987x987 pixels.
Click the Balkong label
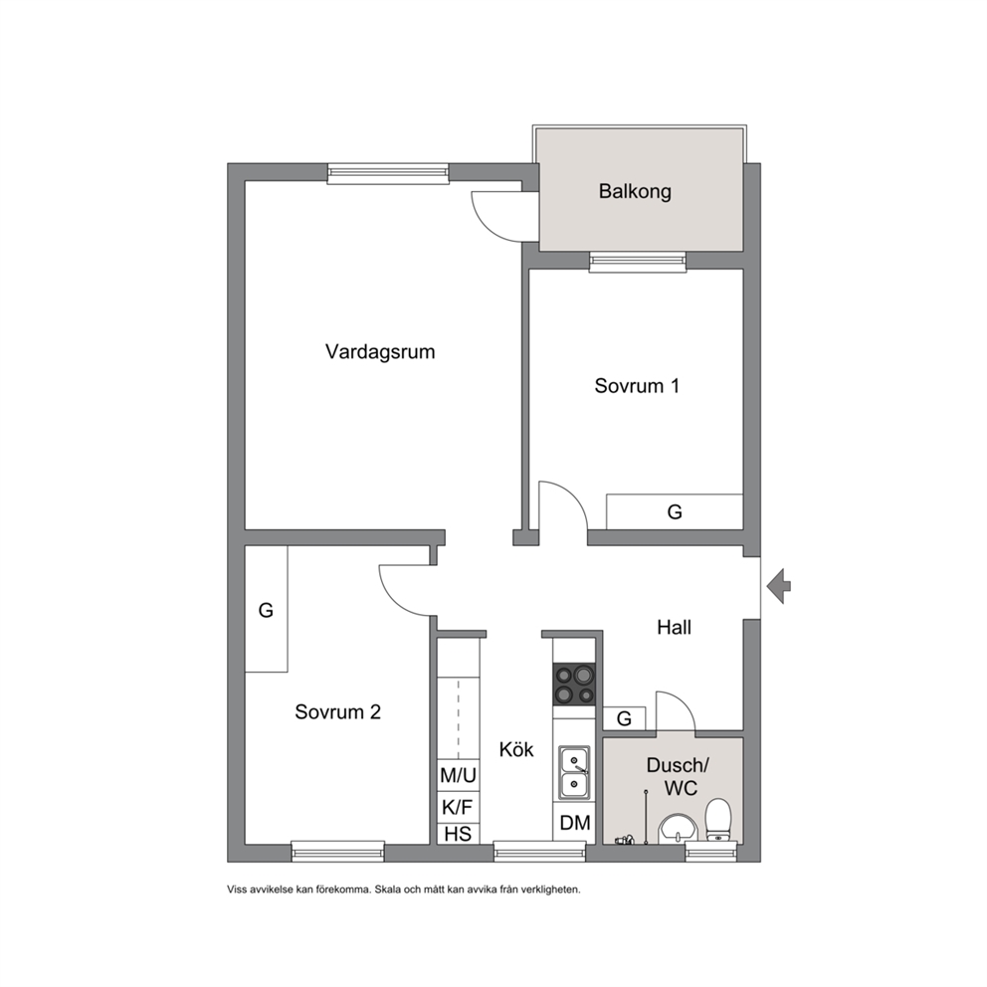coord(635,191)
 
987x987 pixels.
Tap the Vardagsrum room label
coord(380,351)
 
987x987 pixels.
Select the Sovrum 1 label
coord(637,386)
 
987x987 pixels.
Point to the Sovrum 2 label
coord(338,712)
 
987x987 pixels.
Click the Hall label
coord(675,627)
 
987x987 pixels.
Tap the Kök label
coord(516,749)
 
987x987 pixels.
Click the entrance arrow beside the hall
coord(779,586)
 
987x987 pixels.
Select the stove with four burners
coord(573,685)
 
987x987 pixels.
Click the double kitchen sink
coord(574,773)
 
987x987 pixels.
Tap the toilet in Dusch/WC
coord(718,820)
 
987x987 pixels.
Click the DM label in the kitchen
coord(575,822)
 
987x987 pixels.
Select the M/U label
coord(459,775)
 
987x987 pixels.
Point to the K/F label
coord(457,806)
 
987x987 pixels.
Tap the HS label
coord(458,834)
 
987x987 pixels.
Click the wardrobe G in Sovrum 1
coord(675,511)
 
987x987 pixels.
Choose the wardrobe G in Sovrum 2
coord(267,609)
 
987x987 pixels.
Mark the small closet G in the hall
coord(624,718)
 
